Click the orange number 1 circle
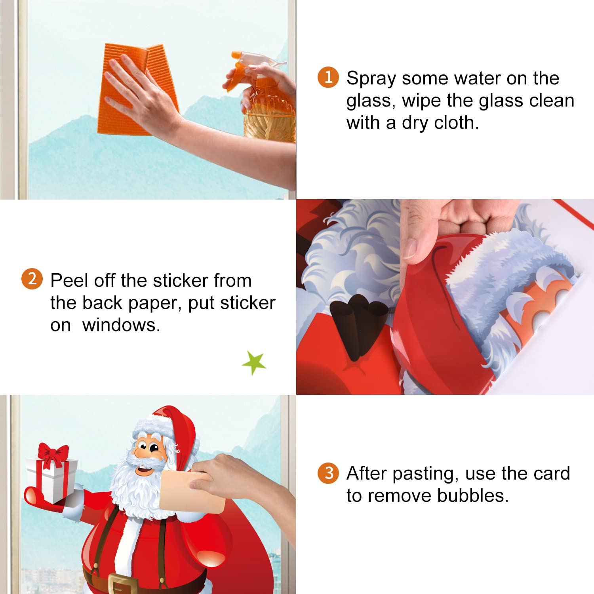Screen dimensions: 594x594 [x=328, y=77]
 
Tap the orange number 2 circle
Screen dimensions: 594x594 [x=32, y=279]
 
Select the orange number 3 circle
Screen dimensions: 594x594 [x=328, y=473]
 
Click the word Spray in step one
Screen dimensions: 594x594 [x=371, y=79]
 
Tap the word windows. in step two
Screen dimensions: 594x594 [x=121, y=325]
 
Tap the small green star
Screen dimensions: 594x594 [x=254, y=362]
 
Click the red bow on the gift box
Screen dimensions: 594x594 [x=53, y=455]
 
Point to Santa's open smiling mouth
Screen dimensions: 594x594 [x=145, y=470]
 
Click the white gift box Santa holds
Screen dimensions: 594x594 [x=51, y=479]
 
